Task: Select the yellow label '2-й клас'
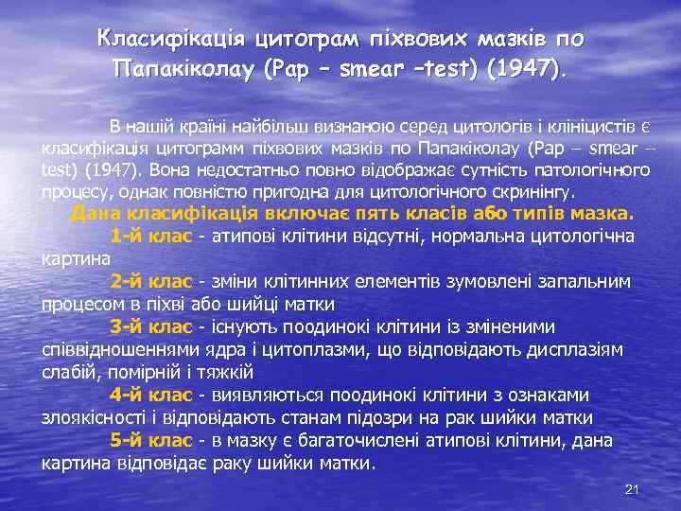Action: tap(151, 281)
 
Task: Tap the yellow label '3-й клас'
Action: tap(151, 326)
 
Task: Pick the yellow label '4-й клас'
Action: tap(151, 395)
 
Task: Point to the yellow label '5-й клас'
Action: tap(151, 441)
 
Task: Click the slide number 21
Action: tap(634, 488)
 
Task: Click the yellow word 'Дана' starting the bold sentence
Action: tap(95, 212)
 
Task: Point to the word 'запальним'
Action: tap(589, 281)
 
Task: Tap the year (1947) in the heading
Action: tap(523, 69)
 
